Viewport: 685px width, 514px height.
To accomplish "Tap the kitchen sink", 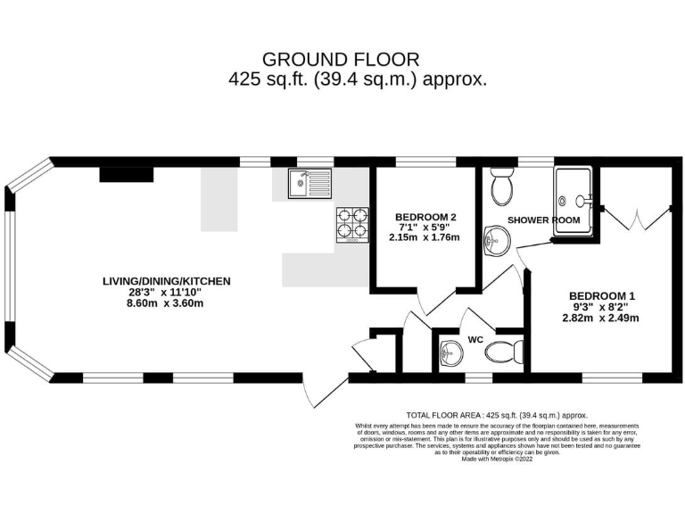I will click(309, 185).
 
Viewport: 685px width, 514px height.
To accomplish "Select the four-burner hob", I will click(351, 225).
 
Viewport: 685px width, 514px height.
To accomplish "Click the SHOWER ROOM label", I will click(543, 220).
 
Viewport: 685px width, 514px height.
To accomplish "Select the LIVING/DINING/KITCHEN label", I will click(166, 281).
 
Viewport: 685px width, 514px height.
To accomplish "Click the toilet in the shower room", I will click(502, 184).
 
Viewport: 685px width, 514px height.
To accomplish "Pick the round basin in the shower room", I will click(496, 240).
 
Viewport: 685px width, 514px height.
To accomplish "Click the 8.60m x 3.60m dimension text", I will click(166, 303).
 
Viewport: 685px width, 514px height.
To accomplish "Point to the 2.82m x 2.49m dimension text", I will click(602, 318).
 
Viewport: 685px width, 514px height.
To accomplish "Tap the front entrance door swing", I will click(321, 393).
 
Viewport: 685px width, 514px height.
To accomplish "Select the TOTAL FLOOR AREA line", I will click(497, 415).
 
